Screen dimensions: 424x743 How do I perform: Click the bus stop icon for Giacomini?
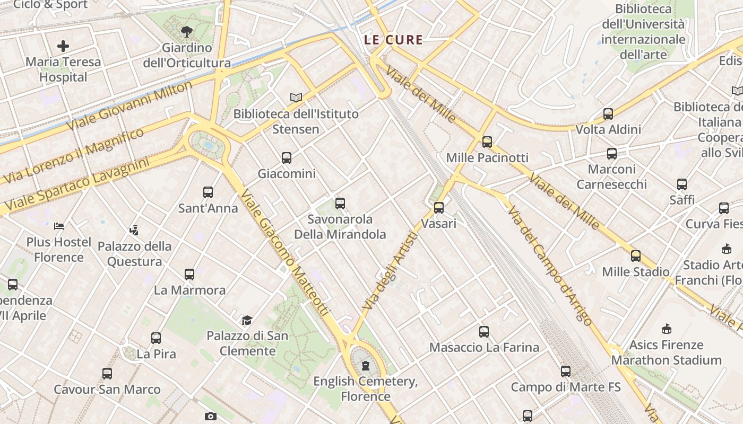tap(287, 158)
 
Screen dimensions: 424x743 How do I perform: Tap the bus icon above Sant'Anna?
tap(208, 192)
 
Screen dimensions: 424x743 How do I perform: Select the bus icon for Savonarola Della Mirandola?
tap(340, 204)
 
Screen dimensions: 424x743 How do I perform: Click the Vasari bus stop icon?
tap(439, 208)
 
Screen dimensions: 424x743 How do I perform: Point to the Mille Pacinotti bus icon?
tap(487, 142)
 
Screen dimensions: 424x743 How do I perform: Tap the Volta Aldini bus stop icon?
tap(608, 114)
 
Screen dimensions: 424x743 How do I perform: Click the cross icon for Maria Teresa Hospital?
tap(63, 46)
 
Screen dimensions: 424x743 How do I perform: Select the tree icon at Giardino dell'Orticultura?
tap(186, 32)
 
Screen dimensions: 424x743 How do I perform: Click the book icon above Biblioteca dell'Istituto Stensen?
tap(296, 98)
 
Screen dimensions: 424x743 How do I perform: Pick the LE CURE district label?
tap(393, 40)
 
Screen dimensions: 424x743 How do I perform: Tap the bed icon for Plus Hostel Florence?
tap(59, 226)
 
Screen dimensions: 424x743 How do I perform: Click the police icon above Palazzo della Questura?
tap(134, 231)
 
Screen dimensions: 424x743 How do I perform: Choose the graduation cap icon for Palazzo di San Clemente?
tap(247, 320)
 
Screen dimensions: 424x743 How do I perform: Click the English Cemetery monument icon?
tap(365, 366)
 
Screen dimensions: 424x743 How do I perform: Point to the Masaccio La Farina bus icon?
tap(484, 332)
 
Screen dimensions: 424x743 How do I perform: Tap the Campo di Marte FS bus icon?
tap(566, 372)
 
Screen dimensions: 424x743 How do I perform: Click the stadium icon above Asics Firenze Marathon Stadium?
tap(667, 329)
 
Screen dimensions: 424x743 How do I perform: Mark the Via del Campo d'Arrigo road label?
tap(549, 265)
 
